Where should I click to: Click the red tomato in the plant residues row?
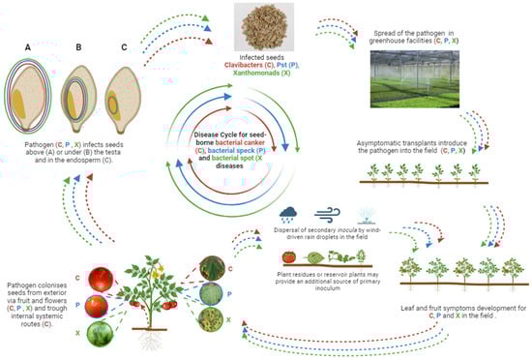click(x=290, y=255)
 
